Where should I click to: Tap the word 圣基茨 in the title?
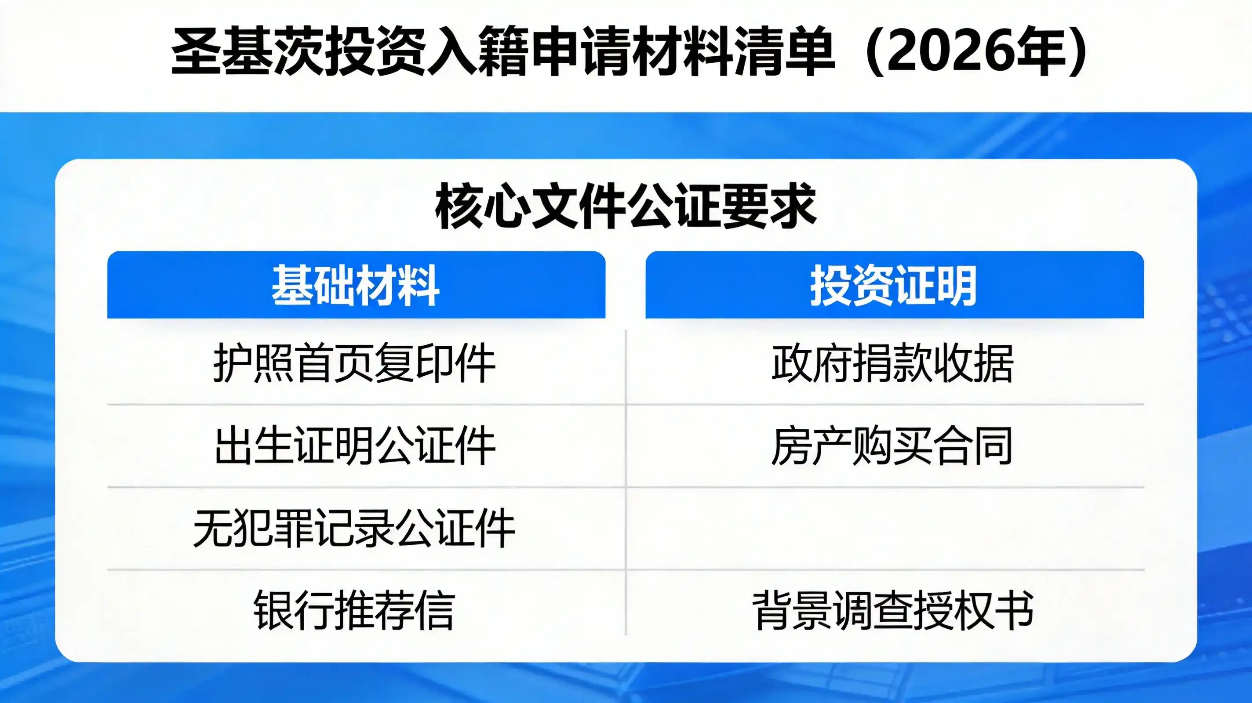point(248,52)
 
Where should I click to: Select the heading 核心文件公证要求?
point(626,206)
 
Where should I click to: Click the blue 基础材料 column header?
point(356,285)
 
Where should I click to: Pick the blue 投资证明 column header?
point(894,285)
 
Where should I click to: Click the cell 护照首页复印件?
point(354,363)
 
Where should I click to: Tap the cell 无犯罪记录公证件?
point(354,528)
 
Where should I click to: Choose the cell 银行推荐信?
point(354,610)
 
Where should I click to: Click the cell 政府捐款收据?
point(892,363)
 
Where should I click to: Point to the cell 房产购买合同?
point(892,446)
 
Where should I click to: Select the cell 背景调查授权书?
point(892,610)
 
